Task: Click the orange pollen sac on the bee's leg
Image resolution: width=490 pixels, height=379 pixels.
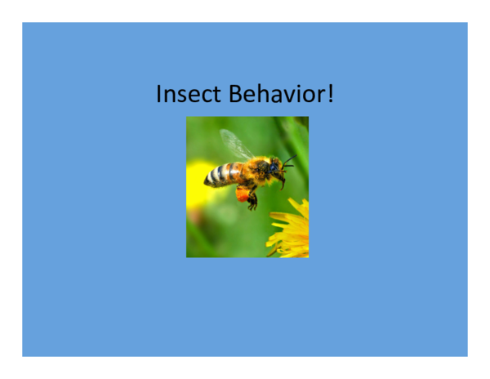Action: (243, 194)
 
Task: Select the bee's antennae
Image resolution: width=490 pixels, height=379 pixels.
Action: (288, 160)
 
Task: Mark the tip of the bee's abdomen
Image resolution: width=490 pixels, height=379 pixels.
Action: (206, 181)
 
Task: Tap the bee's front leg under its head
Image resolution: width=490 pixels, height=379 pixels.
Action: (281, 181)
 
